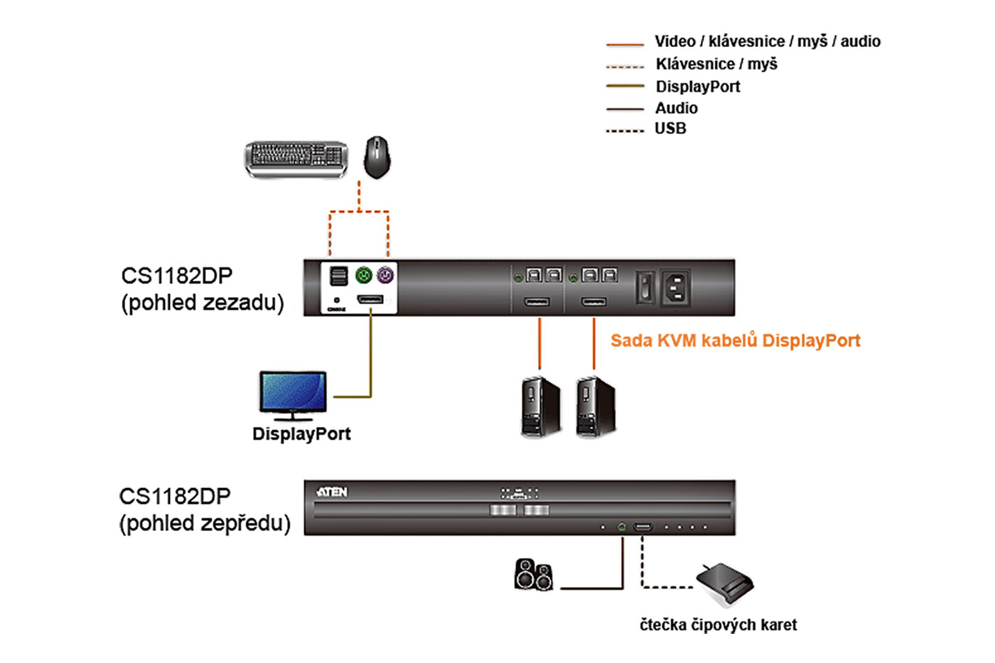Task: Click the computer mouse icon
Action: [x=377, y=157]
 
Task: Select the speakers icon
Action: [x=533, y=575]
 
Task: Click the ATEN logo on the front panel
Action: [x=332, y=492]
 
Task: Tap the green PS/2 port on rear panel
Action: [x=363, y=275]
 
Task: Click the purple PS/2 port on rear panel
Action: [x=384, y=275]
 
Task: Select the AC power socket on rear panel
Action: [x=675, y=288]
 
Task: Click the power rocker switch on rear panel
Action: [x=645, y=288]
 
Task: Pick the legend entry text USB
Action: [x=670, y=129]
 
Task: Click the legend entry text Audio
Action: [x=676, y=108]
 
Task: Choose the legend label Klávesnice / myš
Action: [x=716, y=64]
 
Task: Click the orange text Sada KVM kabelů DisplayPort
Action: [x=735, y=340]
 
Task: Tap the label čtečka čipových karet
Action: [x=718, y=625]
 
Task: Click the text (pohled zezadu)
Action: [x=203, y=303]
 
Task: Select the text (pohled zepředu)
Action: [x=205, y=524]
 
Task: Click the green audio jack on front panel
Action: [x=622, y=527]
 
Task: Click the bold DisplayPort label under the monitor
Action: [x=301, y=433]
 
